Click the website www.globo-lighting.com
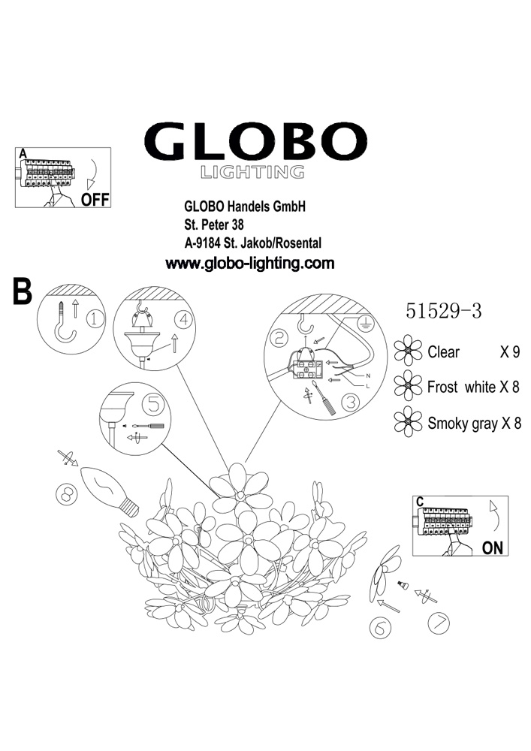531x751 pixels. [249, 264]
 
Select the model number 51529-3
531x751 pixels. [443, 311]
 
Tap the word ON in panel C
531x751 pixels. [492, 547]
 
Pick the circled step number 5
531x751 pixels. [152, 405]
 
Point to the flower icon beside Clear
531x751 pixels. [408, 351]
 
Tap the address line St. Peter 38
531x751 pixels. [214, 224]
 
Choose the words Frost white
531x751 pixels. [461, 387]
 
